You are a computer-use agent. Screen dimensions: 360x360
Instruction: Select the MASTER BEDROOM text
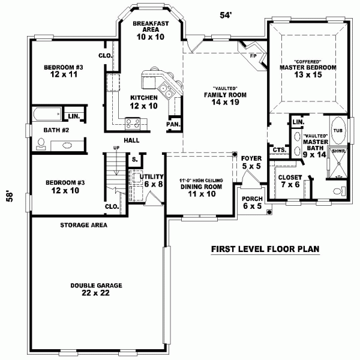[307, 68]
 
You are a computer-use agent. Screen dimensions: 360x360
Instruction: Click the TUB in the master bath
[337, 130]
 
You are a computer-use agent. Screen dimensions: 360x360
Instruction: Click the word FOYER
[251, 158]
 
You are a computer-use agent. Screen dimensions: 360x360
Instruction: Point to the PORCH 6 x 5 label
[251, 202]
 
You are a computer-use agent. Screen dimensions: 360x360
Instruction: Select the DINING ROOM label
[201, 187]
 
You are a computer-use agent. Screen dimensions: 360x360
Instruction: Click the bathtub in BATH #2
[46, 114]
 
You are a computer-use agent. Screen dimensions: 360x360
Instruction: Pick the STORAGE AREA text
[83, 226]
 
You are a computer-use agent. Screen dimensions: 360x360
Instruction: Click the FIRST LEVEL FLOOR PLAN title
[265, 248]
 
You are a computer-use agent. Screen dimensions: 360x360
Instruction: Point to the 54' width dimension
[226, 16]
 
